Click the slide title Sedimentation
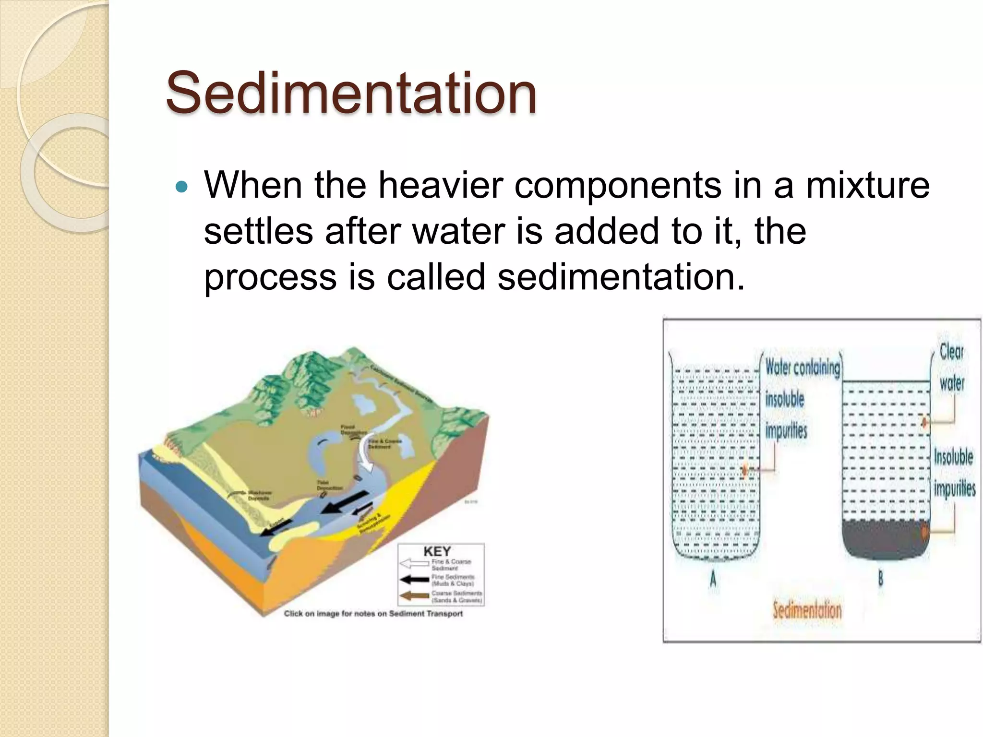coord(351,93)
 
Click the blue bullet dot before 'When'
coord(181,187)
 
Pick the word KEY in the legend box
coord(437,552)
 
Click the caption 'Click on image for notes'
coord(373,613)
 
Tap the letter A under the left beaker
coord(713,580)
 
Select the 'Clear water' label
coord(951,368)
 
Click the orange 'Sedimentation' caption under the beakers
coord(807,610)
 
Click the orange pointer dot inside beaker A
coord(744,470)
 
